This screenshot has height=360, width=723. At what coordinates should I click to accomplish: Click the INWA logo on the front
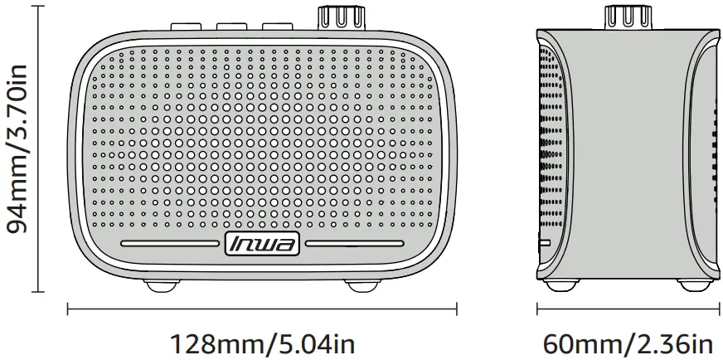(x=263, y=244)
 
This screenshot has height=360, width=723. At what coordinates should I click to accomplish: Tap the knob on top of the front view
(x=339, y=16)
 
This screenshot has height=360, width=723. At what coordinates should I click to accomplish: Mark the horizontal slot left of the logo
(x=171, y=244)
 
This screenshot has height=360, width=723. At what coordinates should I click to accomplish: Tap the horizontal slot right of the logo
(x=355, y=244)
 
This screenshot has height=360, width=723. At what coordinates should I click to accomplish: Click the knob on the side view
(x=625, y=16)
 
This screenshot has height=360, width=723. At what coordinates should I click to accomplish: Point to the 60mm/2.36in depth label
(x=628, y=342)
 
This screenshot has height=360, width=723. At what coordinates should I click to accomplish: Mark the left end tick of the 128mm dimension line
(x=67, y=309)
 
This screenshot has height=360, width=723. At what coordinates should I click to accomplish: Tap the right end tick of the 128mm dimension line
(x=457, y=309)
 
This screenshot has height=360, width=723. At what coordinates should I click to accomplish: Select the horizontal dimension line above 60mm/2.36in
(x=627, y=309)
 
